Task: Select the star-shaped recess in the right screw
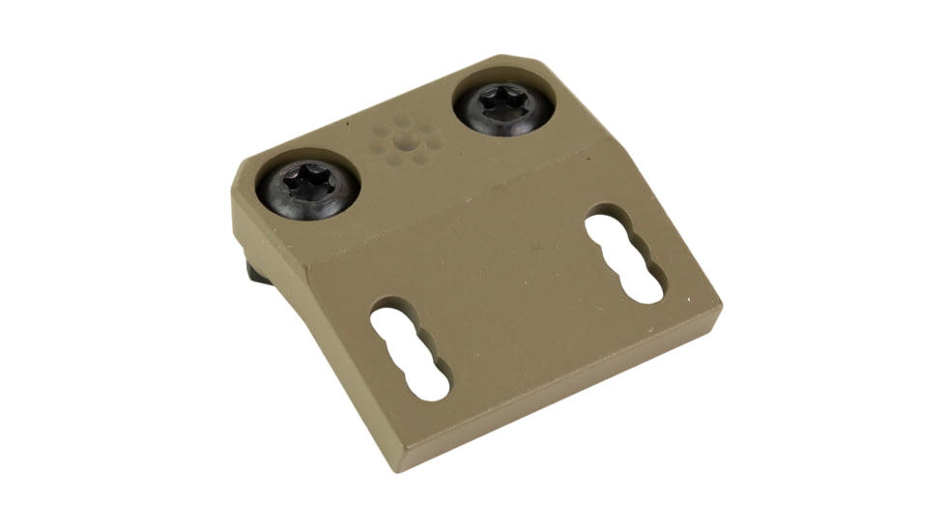coord(503,102)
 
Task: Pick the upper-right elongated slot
coord(624,257)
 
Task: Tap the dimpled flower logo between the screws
coord(406,141)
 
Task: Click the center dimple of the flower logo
coord(406,142)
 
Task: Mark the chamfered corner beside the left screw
coord(243,172)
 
